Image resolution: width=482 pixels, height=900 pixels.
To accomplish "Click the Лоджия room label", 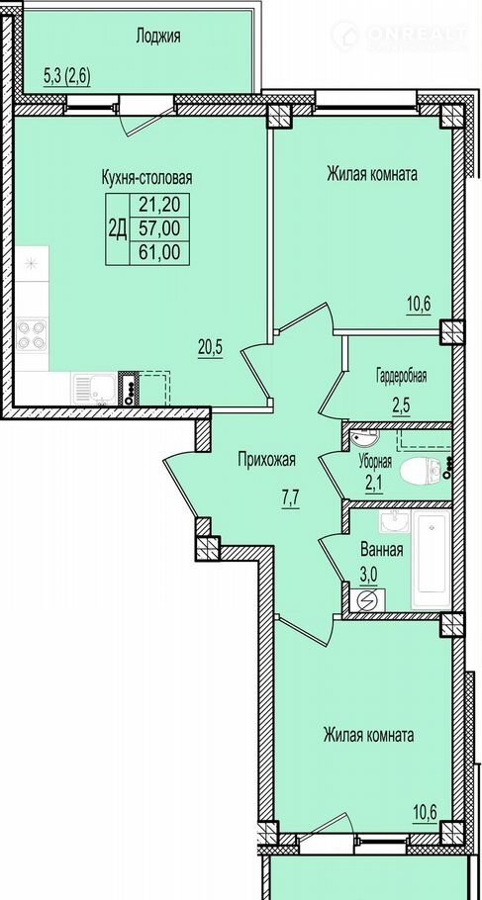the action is [x=158, y=38].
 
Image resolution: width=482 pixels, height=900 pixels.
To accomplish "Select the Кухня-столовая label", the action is [x=146, y=177].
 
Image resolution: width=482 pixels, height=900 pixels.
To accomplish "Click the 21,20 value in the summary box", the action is [x=159, y=204].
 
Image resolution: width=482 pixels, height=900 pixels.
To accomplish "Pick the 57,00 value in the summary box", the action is [x=159, y=227].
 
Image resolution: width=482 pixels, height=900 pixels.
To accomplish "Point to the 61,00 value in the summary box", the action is [x=159, y=251].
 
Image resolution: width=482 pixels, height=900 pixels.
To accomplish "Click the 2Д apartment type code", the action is [x=118, y=229].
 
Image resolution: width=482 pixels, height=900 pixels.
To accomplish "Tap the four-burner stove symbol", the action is [x=33, y=335].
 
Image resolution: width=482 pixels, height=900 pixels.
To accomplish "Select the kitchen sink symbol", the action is [x=94, y=389].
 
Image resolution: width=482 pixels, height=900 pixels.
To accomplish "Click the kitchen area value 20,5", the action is [x=210, y=347].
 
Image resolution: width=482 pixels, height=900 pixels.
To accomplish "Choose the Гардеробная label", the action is [x=401, y=377].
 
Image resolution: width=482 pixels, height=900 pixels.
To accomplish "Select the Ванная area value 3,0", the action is [x=368, y=574].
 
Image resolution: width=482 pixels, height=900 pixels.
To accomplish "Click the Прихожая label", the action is [x=267, y=459].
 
